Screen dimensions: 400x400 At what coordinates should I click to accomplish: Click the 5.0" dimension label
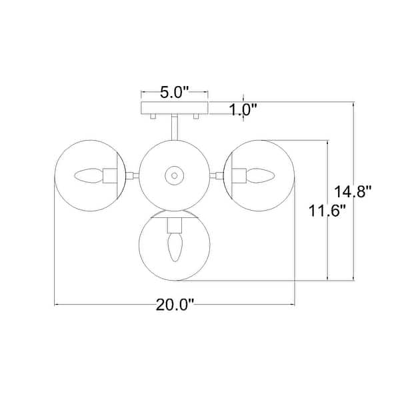[174, 93]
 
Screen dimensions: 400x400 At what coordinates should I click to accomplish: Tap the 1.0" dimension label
[243, 110]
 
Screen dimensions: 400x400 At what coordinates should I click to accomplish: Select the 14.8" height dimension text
[353, 191]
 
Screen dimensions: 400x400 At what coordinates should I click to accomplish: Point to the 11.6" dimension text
[327, 211]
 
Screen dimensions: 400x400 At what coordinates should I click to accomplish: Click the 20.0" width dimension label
[175, 305]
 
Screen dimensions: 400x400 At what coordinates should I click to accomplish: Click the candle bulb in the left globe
[89, 176]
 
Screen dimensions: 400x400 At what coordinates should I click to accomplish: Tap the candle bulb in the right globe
[261, 175]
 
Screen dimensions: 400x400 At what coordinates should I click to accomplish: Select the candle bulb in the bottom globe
[175, 247]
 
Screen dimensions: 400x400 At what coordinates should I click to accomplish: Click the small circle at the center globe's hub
[175, 175]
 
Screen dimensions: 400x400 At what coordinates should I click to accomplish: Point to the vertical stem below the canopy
[175, 127]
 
